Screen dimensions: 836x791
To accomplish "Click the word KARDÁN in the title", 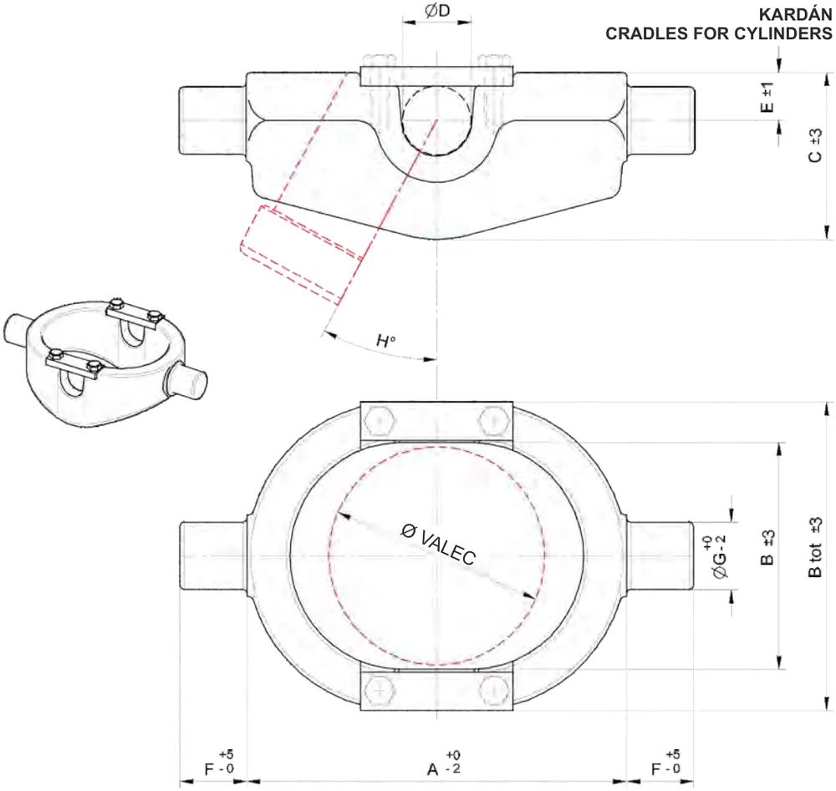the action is click(x=795, y=14).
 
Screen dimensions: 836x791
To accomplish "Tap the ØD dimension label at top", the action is click(x=437, y=11).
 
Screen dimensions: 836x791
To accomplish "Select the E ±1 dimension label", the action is click(x=767, y=97).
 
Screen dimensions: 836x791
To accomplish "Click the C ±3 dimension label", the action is click(x=815, y=145).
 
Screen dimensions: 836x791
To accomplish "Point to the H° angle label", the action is click(x=386, y=340).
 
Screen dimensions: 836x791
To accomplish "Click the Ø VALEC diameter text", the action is click(x=438, y=544).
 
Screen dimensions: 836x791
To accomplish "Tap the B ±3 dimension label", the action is click(x=767, y=547).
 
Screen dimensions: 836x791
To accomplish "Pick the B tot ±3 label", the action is click(x=815, y=547).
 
